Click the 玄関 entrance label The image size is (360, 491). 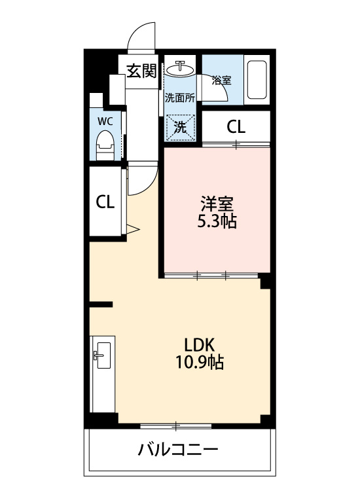tap(141, 71)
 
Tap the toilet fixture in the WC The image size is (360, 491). tap(105, 145)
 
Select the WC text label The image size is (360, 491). tap(105, 121)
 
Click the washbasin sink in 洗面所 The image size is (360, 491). tap(180, 69)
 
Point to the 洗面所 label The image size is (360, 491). tap(180, 98)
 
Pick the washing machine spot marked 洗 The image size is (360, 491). tap(180, 127)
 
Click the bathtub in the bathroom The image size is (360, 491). tap(257, 80)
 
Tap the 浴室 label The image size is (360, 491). tap(221, 80)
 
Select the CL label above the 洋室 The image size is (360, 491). tap(236, 127)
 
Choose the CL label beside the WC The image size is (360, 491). tap(105, 202)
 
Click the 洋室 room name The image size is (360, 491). tap(217, 204)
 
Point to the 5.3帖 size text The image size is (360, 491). tap(217, 221)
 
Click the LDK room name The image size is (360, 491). tap(200, 345)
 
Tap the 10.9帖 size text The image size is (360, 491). tap(200, 363)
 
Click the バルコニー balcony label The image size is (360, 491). tap(178, 450)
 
